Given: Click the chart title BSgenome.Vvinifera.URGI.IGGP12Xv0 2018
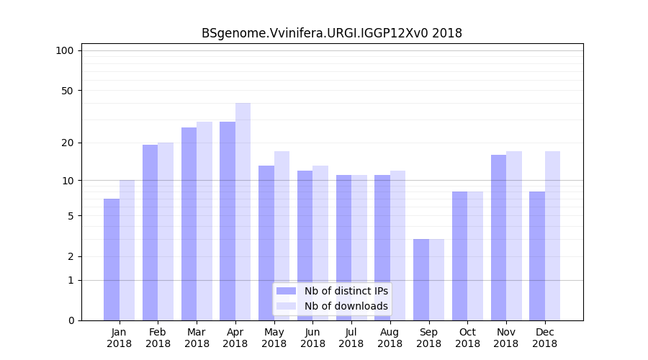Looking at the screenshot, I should point(332,33).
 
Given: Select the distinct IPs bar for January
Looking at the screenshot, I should point(112,259).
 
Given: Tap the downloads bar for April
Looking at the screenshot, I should point(243,212).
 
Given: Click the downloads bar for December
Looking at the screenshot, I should point(552,235).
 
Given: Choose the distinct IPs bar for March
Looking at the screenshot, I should point(189,224).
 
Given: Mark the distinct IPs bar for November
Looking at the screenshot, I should point(498,238).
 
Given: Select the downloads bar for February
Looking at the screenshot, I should point(166,231).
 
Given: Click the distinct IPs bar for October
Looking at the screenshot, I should point(460,256).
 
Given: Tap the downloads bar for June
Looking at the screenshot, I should point(320,243).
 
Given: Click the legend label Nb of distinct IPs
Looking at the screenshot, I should point(346,291).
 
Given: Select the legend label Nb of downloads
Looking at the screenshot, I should point(346,306).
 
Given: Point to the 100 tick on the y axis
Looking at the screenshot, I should point(65,50).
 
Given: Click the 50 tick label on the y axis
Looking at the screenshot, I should point(67,91).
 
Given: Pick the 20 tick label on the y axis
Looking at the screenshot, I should point(67,143).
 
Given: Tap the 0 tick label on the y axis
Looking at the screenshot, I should point(71,320).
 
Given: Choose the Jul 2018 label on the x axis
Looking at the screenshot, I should point(351,338).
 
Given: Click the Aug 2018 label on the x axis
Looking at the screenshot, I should point(390,338).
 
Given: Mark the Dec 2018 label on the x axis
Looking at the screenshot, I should point(545,338).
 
